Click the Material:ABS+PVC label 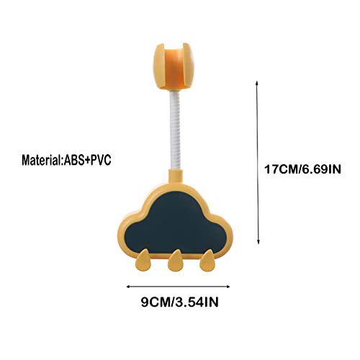point(66,160)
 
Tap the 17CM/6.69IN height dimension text point(302,169)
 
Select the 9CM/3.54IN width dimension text point(180,302)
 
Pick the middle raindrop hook point(175,261)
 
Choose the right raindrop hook point(208,261)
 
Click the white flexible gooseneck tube point(176,130)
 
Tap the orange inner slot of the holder point(174,67)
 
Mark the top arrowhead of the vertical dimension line point(256,82)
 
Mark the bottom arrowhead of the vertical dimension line point(258,243)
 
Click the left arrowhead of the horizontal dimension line point(128,287)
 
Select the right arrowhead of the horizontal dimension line point(228,287)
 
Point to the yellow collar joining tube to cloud point(176,176)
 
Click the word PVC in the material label point(101,160)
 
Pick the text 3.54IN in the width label point(197,302)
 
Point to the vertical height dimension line point(258,163)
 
